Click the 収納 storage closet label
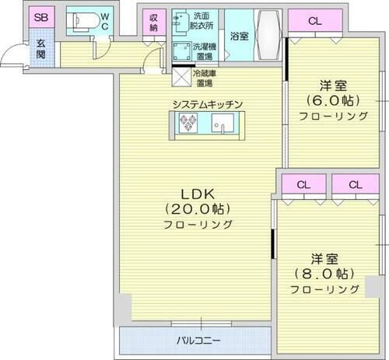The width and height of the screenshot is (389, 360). click(153, 23)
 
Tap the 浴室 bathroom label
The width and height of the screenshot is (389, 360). click(240, 36)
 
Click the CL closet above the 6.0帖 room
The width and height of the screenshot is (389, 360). click(313, 20)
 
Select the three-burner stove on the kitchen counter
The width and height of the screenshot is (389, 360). click(189, 122)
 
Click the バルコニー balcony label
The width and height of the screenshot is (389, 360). click(197, 340)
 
